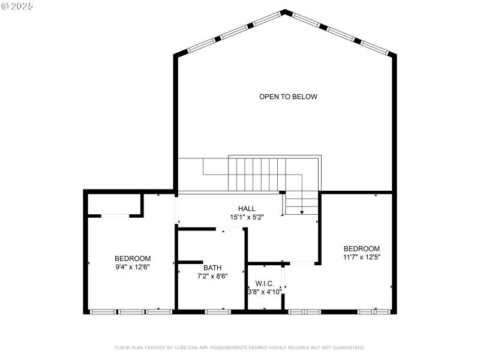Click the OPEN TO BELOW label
pos(288,97)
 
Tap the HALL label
pos(238,209)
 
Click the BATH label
pos(212,268)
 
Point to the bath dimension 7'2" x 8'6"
pos(212,277)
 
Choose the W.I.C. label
pos(264,283)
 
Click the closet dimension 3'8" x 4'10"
pos(265,292)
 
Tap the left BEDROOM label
pos(133,259)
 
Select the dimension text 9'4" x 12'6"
pos(133,267)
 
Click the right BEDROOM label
pos(361,248)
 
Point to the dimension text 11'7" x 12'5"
pos(361,257)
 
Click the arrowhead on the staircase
pos(302,212)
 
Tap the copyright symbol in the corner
pos(6,6)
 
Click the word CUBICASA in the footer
pos(189,347)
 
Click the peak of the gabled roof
pos(285,11)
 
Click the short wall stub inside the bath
pos(189,262)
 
